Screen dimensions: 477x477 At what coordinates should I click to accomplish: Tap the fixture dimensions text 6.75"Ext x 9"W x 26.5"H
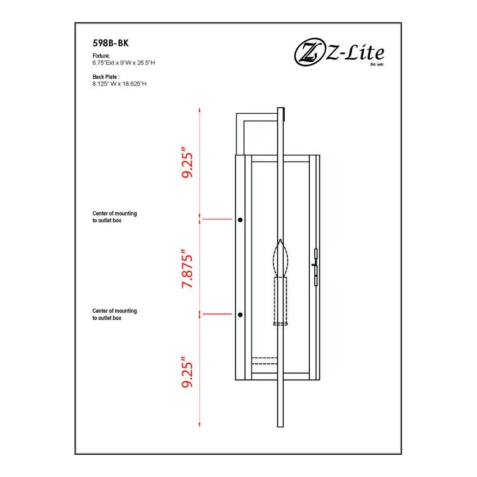(x=124, y=63)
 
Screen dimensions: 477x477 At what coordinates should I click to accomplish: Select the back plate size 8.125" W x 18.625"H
(x=120, y=84)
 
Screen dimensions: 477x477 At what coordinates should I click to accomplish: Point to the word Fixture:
(x=102, y=56)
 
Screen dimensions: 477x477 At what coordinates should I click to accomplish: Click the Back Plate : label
(x=106, y=77)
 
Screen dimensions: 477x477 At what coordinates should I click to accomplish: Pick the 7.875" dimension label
(x=188, y=269)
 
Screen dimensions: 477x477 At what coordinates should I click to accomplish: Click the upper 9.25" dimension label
(x=188, y=162)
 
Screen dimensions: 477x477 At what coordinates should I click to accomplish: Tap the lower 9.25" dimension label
(x=188, y=373)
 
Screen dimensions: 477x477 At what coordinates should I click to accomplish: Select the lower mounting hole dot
(x=240, y=315)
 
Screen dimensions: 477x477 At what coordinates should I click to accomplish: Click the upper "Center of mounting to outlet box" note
(x=114, y=217)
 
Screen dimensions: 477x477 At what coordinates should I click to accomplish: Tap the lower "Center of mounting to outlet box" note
(x=114, y=314)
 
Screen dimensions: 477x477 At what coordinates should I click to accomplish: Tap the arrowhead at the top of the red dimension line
(x=201, y=109)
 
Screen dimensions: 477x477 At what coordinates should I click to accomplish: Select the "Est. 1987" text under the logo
(x=377, y=64)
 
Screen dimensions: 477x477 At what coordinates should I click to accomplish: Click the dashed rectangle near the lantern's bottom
(x=264, y=360)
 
